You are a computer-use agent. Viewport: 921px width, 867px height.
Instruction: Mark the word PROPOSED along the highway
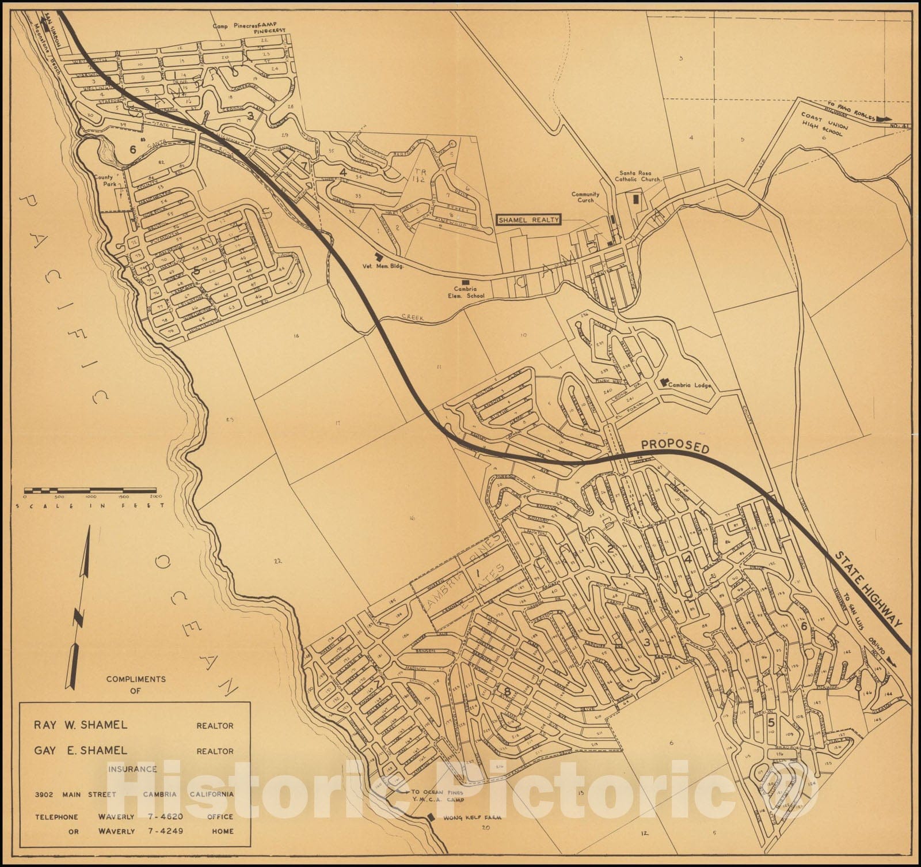click(675, 446)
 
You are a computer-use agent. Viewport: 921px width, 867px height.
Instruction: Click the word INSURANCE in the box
click(132, 768)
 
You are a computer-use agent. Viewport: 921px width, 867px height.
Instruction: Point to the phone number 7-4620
click(164, 816)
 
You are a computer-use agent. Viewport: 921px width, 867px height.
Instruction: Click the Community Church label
click(585, 197)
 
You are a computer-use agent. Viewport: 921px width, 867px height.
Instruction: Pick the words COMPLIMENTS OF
click(136, 684)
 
